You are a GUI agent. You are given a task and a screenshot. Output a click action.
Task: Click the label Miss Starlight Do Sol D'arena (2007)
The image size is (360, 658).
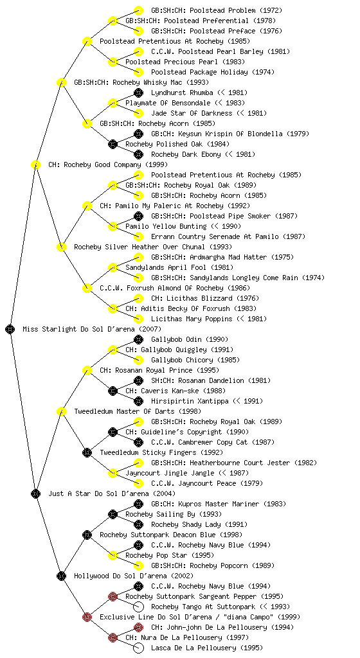coord(92,329)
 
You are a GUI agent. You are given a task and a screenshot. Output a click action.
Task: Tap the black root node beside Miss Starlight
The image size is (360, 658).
coord(10,329)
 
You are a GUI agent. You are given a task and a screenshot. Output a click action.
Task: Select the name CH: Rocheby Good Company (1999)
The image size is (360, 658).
coord(108,164)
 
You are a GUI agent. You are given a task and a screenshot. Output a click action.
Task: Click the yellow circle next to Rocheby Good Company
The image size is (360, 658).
coord(35,164)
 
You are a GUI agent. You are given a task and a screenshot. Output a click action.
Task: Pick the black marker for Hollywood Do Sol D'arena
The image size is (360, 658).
coord(61,576)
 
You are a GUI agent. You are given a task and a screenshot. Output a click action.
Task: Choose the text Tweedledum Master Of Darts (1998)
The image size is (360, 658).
coord(138,411)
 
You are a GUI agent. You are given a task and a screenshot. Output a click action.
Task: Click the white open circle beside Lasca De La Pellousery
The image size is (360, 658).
coord(138,648)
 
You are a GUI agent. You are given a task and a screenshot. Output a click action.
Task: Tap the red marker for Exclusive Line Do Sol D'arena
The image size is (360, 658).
coord(87,617)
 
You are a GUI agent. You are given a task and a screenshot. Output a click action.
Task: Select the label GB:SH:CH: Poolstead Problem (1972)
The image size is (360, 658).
coord(217,10)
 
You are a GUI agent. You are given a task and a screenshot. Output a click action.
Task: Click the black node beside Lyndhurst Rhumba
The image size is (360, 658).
coord(138,93)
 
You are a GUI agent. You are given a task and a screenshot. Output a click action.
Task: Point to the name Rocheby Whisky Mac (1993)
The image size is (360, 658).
coord(160,82)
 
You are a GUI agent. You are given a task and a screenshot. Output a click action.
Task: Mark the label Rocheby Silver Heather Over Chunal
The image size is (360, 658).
coord(139,247)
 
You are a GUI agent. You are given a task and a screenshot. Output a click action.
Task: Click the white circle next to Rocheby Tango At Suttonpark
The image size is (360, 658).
coord(138,607)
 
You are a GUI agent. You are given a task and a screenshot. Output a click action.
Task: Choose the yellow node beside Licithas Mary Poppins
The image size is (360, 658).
coord(138,319)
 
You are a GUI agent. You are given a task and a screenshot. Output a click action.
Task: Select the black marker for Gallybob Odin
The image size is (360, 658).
coord(138,339)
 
